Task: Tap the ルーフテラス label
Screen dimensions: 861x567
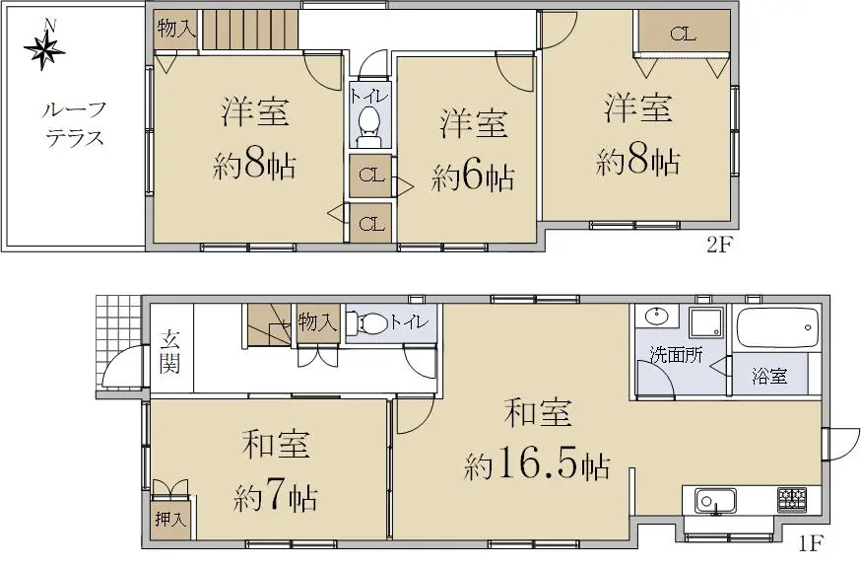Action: click(x=75, y=124)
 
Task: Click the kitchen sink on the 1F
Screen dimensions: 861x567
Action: click(x=715, y=501)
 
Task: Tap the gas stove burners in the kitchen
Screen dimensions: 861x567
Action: click(x=791, y=499)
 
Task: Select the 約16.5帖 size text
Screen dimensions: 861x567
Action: click(x=537, y=465)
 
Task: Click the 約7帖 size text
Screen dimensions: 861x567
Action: click(x=275, y=498)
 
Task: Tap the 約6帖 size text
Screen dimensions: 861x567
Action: click(x=473, y=177)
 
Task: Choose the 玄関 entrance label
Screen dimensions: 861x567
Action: click(x=169, y=352)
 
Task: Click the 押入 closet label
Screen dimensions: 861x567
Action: click(x=170, y=519)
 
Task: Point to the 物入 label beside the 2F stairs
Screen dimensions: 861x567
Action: click(x=176, y=28)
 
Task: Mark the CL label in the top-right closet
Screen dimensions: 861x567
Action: click(x=683, y=35)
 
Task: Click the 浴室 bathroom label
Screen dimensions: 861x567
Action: click(x=769, y=376)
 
